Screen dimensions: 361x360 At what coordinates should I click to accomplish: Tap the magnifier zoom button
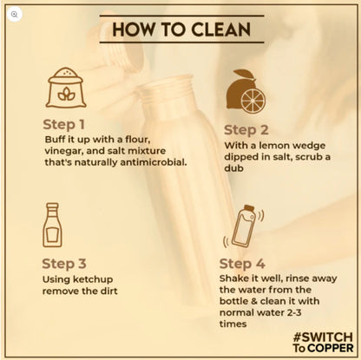tap(15, 14)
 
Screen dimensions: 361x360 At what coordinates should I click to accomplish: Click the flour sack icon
tap(66, 88)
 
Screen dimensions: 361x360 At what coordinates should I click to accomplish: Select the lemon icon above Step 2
tap(246, 91)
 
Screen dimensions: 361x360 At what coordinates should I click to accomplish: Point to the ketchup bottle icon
tap(52, 225)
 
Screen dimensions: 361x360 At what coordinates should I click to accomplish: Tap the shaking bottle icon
tap(243, 226)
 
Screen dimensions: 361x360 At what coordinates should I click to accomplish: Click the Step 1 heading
tap(63, 125)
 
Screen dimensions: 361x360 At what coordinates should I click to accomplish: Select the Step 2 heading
tap(246, 130)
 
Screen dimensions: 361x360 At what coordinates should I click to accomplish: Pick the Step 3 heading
tap(64, 264)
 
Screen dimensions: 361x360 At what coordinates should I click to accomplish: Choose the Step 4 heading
tap(242, 264)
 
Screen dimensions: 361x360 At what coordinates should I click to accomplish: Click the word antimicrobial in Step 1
tap(154, 162)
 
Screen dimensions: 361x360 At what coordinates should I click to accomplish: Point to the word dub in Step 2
tap(233, 168)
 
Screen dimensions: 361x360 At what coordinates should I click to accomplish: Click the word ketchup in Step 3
tap(93, 279)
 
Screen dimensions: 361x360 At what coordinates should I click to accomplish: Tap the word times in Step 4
tap(233, 324)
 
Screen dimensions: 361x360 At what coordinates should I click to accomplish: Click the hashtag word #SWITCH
tap(323, 337)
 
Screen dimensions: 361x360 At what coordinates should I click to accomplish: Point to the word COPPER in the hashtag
tap(331, 348)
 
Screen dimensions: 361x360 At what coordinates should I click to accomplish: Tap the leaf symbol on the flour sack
tap(66, 94)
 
